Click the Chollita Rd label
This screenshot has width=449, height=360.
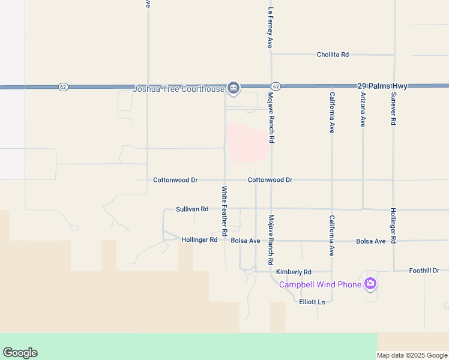click(333, 55)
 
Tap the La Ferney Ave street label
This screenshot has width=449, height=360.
click(271, 28)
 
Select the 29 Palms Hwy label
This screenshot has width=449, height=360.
click(382, 86)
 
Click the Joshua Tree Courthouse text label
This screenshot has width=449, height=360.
click(178, 90)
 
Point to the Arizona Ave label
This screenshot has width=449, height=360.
click(363, 109)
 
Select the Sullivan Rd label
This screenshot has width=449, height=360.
click(192, 209)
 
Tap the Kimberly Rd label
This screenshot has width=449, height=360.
click(294, 272)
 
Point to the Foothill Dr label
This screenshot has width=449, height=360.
click(429, 271)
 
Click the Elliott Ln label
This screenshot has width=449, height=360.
click(312, 302)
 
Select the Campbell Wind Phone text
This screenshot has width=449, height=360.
click(320, 284)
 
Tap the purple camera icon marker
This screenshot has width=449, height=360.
click(370, 283)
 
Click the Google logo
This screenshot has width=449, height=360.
click(20, 353)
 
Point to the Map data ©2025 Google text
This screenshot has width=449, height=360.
click(412, 355)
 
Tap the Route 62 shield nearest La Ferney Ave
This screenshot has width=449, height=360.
click(276, 86)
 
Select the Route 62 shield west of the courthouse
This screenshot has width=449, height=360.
click(63, 86)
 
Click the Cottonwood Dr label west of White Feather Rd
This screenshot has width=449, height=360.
click(175, 180)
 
